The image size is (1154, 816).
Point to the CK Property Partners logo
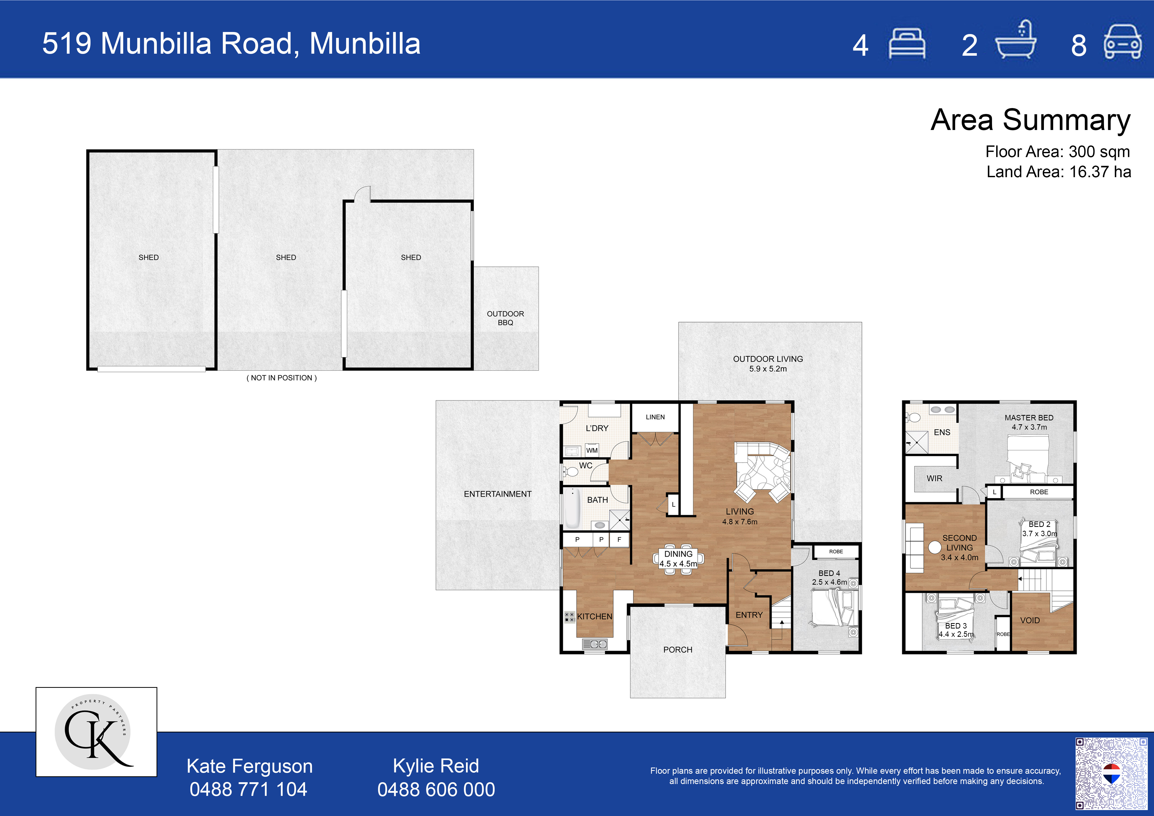pyautogui.click(x=96, y=731)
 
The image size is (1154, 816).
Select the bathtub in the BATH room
pyautogui.click(x=572, y=508)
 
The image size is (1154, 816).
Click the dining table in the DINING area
pyautogui.click(x=678, y=559)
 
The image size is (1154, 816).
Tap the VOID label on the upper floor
pyautogui.click(x=1030, y=621)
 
